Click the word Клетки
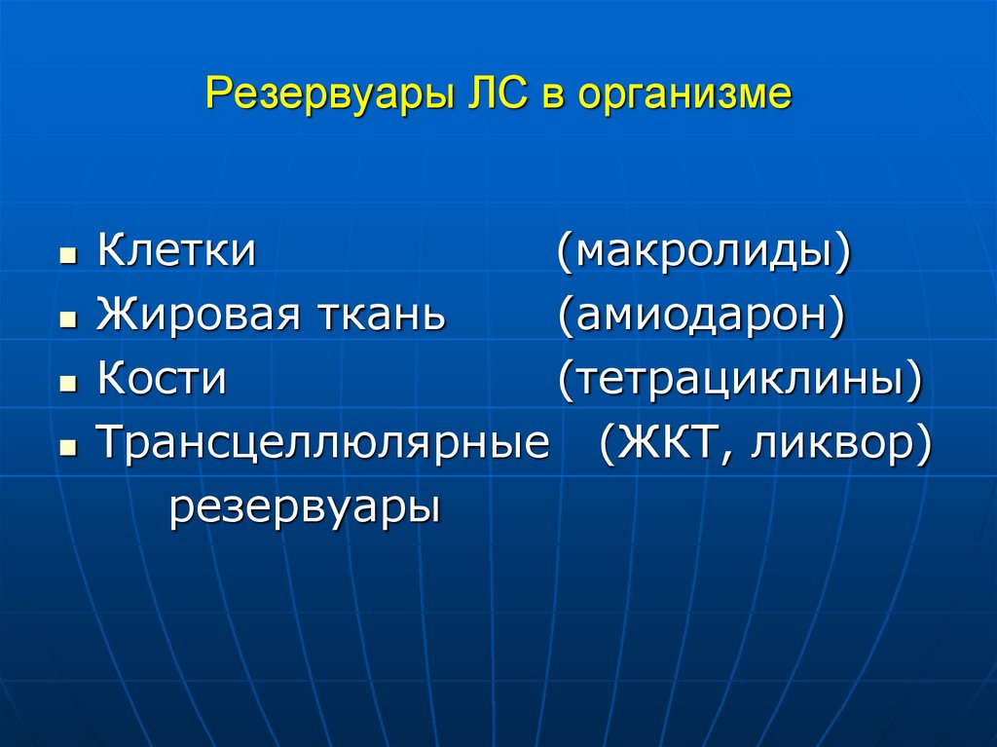click(x=176, y=251)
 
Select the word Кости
click(x=162, y=380)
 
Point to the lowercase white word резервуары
click(x=305, y=508)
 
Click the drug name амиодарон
click(x=701, y=316)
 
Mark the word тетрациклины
click(x=739, y=380)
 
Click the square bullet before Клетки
click(x=67, y=257)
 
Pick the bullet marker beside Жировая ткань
click(x=67, y=321)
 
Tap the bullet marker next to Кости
click(x=67, y=386)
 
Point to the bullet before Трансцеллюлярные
click(x=67, y=450)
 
